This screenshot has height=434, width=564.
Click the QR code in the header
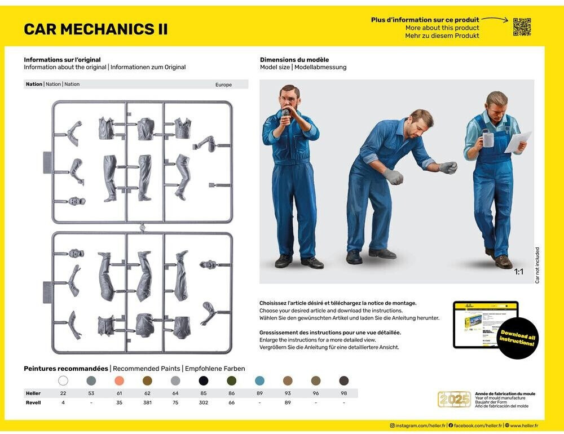pos(522,26)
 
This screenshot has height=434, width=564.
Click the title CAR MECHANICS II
pos(95,29)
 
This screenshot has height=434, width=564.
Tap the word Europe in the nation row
pos(223,85)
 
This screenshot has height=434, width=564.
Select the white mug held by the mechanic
pos(488,139)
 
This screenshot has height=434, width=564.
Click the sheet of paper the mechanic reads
pos(518,141)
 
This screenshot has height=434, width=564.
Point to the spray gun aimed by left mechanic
pos(287,114)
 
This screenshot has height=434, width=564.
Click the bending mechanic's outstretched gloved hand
pos(448,167)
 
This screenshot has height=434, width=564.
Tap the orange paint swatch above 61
pos(119,380)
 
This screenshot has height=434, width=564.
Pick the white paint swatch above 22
pos(63,380)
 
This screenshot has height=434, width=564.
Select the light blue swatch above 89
pos(259,380)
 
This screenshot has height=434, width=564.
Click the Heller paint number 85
pos(203,393)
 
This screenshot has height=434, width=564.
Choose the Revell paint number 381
pos(147,402)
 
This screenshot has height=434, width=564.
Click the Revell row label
pos(33,402)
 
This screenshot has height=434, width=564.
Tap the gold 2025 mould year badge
pos(454,399)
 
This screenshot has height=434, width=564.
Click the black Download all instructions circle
pos(517,338)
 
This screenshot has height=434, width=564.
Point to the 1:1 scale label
pos(519,272)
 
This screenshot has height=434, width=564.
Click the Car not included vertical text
pos(537,265)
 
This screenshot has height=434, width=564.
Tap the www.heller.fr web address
pos(523,426)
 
